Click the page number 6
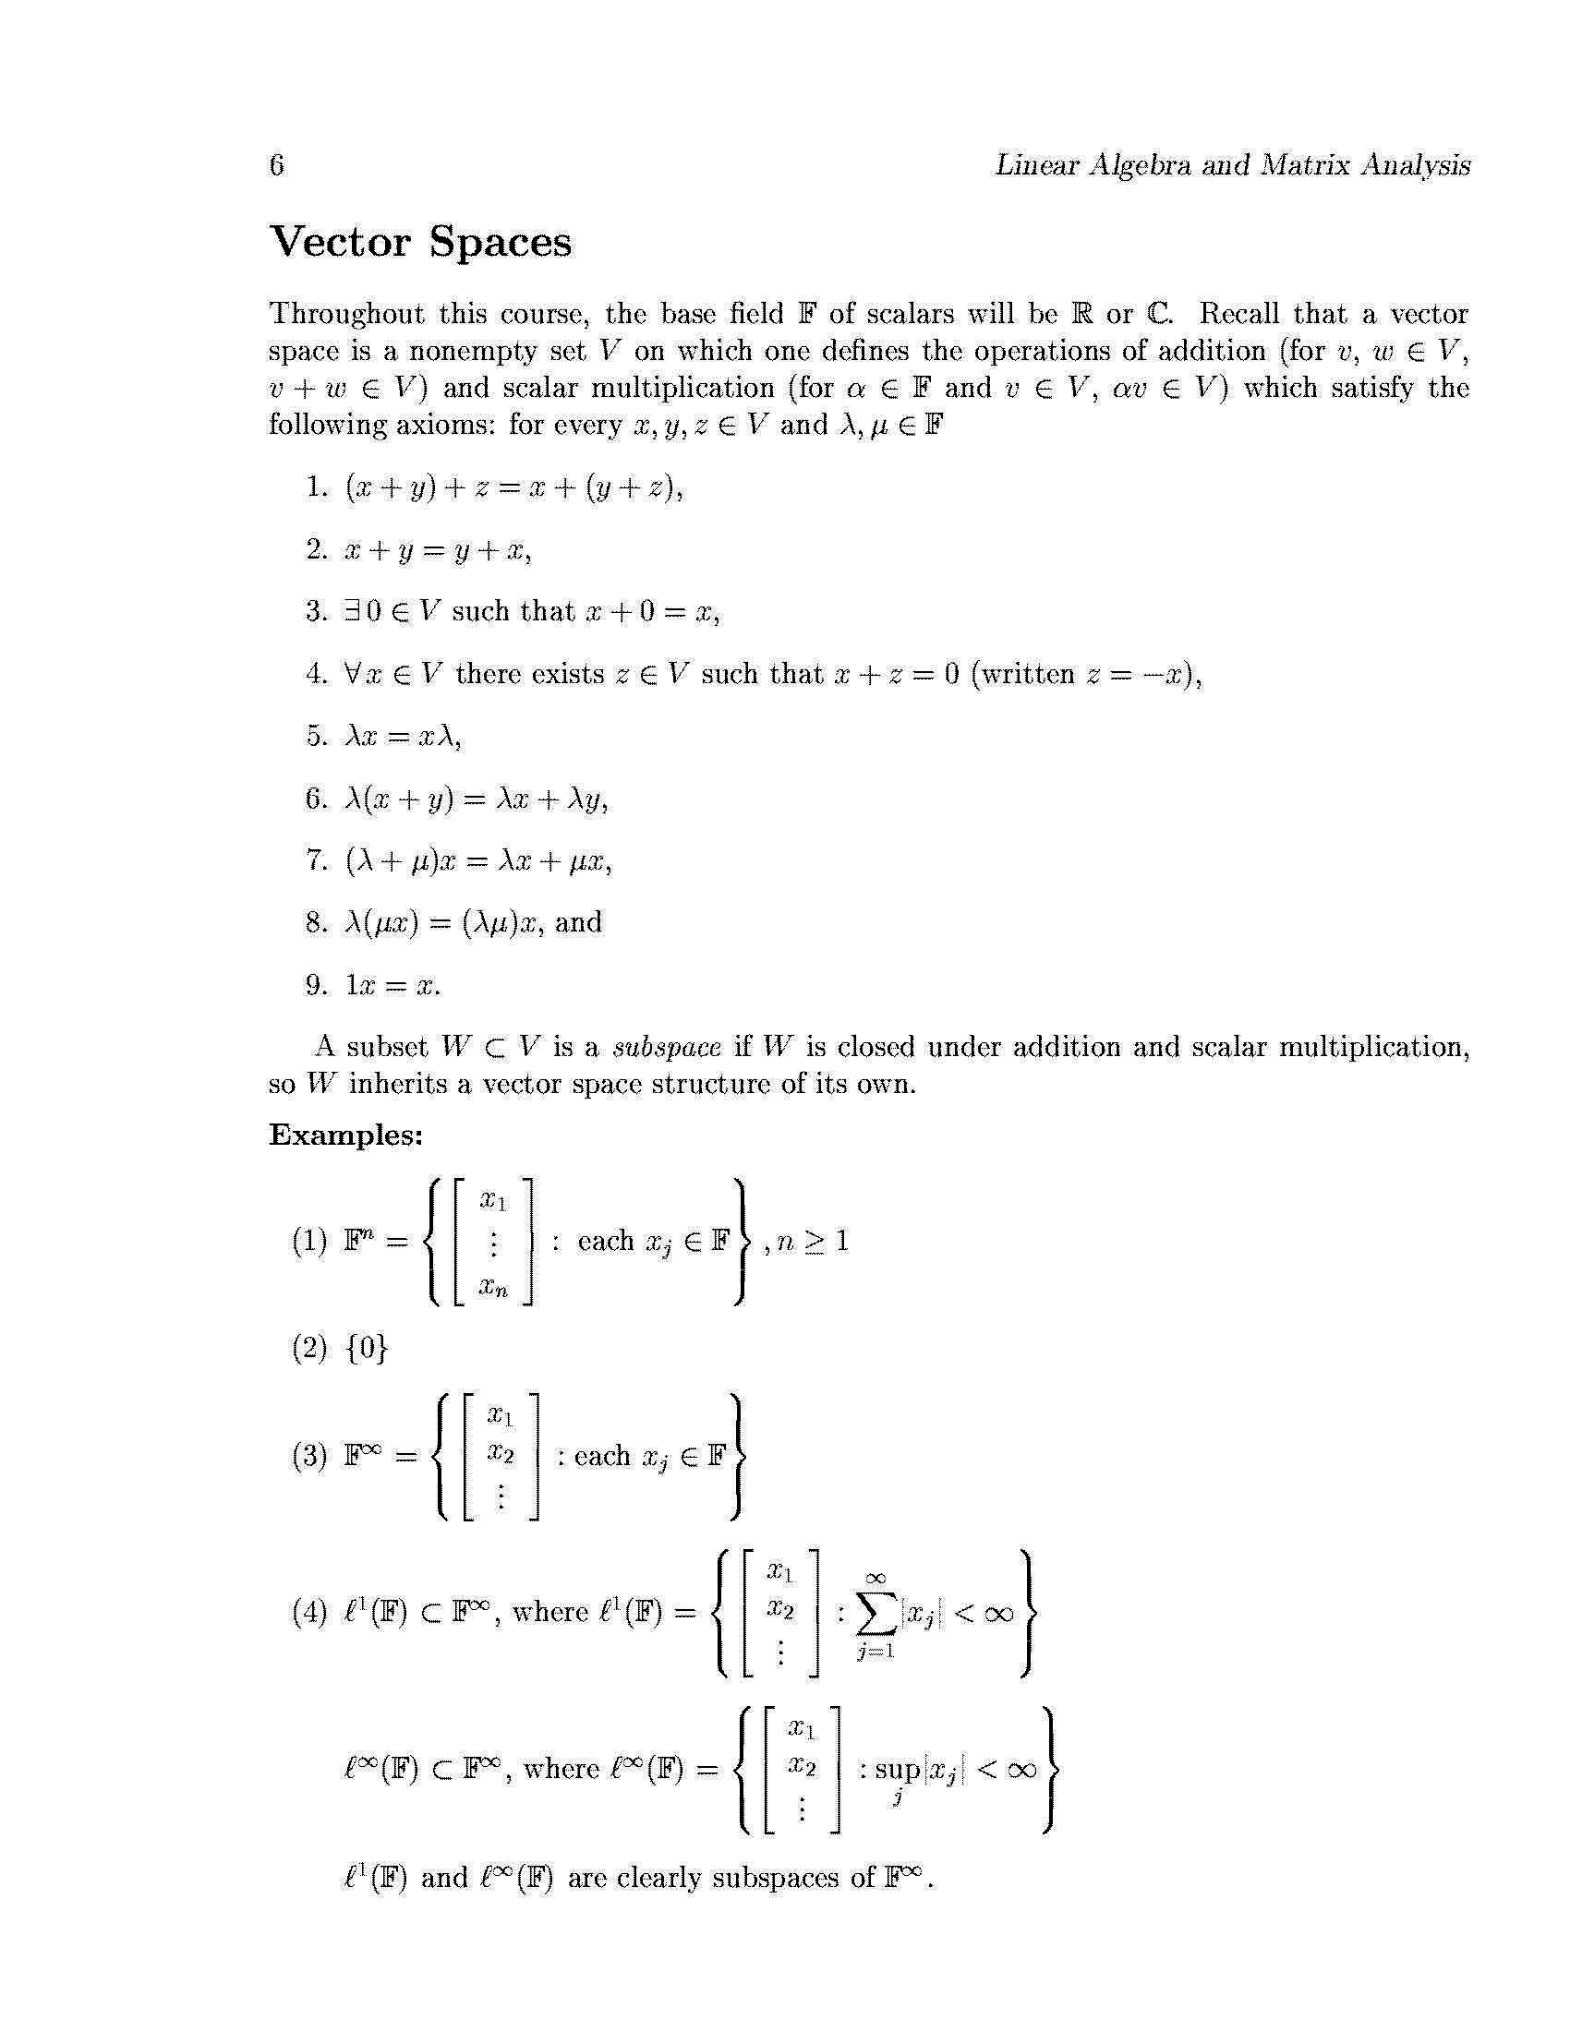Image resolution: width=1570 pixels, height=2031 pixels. click(276, 165)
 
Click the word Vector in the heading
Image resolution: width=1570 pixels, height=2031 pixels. click(340, 243)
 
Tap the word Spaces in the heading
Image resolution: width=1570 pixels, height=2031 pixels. click(501, 243)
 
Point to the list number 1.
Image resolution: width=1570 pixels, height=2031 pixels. click(315, 487)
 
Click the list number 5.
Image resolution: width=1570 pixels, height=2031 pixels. click(315, 737)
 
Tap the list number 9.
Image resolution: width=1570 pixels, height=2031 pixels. click(315, 986)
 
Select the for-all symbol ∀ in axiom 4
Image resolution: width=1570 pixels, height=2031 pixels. click(352, 674)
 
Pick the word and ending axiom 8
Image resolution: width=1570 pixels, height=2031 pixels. click(578, 922)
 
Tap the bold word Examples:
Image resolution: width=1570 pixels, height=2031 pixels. click(346, 1136)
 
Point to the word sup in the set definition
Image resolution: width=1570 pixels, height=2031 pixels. click(897, 1769)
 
